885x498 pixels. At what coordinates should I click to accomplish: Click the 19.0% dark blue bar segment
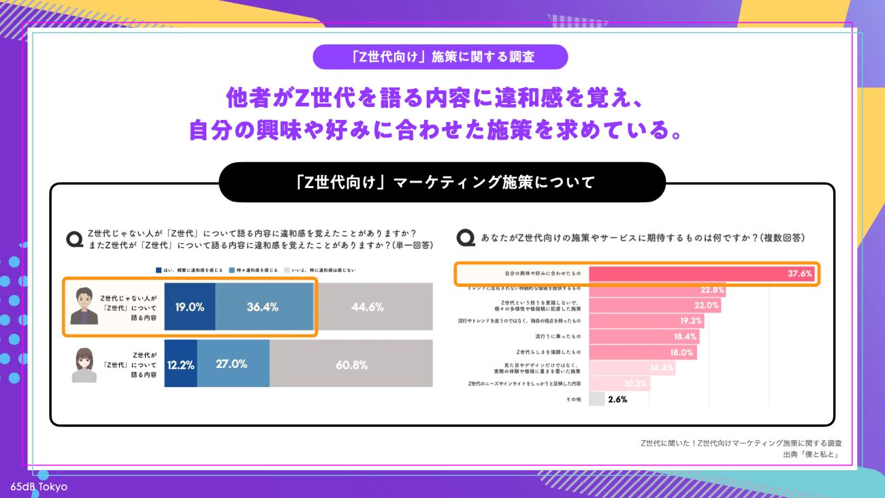pyautogui.click(x=190, y=307)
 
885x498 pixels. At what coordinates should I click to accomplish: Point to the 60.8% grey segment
pyautogui.click(x=351, y=364)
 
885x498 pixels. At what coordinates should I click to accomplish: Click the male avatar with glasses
pyautogui.click(x=84, y=306)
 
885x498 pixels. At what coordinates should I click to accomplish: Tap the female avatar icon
pyautogui.click(x=84, y=365)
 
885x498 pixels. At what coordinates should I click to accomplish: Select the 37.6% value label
pyautogui.click(x=800, y=274)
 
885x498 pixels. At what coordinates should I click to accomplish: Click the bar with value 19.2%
pyautogui.click(x=647, y=321)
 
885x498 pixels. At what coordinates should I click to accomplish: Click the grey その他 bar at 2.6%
pyautogui.click(x=596, y=399)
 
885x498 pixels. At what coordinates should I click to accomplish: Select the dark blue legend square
pyautogui.click(x=159, y=270)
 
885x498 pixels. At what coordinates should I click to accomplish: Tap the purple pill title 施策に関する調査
pyautogui.click(x=440, y=57)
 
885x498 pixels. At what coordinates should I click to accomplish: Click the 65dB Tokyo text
pyautogui.click(x=39, y=487)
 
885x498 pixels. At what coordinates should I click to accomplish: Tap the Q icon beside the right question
pyautogui.click(x=466, y=238)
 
